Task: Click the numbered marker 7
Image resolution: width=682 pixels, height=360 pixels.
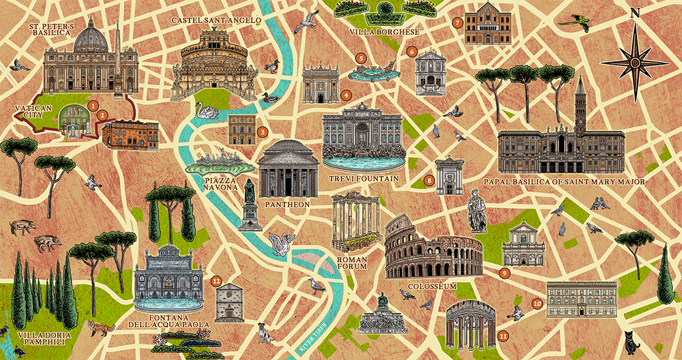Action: pos(458,22)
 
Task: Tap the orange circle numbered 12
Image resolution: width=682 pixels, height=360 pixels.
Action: pos(216,280)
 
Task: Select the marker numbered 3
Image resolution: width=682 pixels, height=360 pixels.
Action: pos(262,132)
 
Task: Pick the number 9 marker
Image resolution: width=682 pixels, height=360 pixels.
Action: pos(505,273)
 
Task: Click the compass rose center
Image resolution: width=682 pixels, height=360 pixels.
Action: pos(634,62)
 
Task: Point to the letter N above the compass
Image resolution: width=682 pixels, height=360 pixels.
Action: pos(635,12)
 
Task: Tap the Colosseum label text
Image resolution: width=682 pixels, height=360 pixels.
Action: pos(432,286)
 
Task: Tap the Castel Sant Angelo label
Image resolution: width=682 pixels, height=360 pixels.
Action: pos(216,21)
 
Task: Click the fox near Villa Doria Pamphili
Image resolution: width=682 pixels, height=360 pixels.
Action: pos(100,328)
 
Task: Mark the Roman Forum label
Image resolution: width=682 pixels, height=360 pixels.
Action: pos(352,263)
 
